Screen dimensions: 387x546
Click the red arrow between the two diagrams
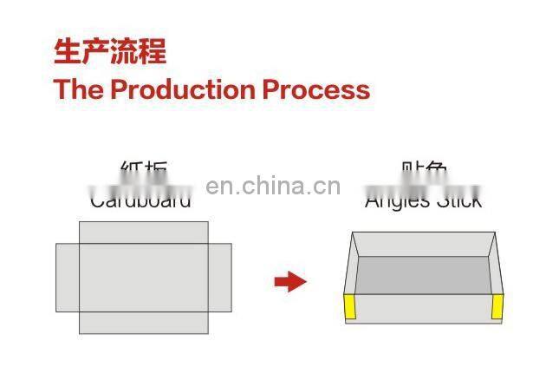tap(290, 281)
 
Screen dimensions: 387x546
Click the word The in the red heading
tap(79, 89)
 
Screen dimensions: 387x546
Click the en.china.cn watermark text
tap(273, 186)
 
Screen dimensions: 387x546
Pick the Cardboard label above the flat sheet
tap(140, 202)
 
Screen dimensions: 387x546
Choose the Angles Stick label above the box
tap(423, 202)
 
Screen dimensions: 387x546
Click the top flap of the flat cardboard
tap(144, 232)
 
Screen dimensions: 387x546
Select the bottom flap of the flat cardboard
tap(144, 322)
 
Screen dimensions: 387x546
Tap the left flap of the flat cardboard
tap(68, 277)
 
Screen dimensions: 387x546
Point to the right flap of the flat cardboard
tap(220, 277)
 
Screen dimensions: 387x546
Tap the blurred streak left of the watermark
tap(141, 187)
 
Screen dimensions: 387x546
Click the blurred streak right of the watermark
tap(423, 187)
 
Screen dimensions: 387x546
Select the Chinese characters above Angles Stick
tap(424, 168)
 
